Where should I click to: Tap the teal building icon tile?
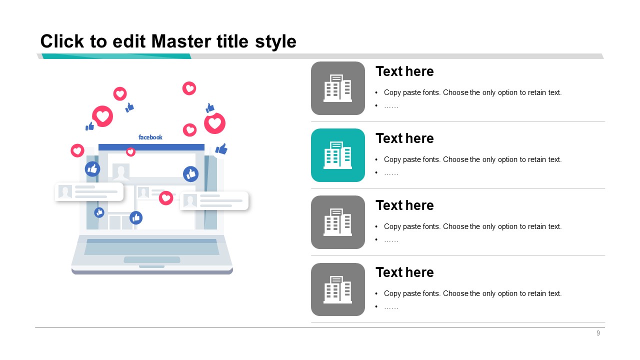pos(337,155)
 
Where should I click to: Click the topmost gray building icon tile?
pos(337,88)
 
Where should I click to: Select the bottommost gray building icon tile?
pos(337,289)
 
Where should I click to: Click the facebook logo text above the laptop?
pos(150,137)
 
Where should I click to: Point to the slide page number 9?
pos(598,333)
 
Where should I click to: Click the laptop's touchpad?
pos(151,259)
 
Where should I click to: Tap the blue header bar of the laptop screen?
pos(151,147)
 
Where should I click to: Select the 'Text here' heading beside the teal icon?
pos(404,138)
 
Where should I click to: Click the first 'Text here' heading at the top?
pos(404,71)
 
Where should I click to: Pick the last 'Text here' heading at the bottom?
pos(404,272)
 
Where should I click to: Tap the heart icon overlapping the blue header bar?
pos(130,151)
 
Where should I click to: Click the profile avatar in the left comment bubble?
pos(65,191)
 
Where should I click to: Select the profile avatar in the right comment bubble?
pos(190,200)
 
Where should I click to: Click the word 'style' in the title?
pos(275,42)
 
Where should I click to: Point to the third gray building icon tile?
pos(337,222)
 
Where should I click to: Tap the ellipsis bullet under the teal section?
pos(391,173)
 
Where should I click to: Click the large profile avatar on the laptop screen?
pos(121,171)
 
